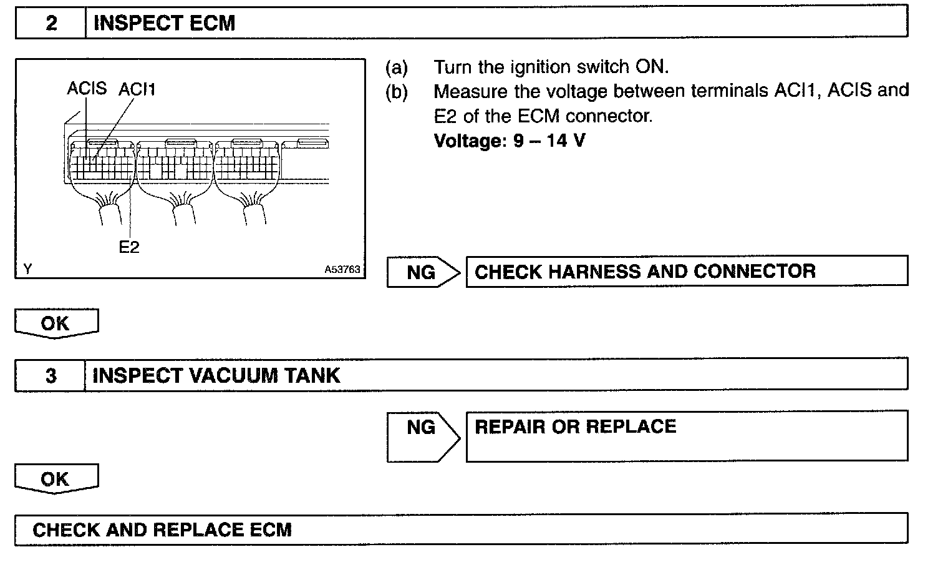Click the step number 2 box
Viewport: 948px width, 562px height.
[x=51, y=23]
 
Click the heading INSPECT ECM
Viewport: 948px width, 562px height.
[x=164, y=23]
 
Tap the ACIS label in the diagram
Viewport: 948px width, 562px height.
[x=87, y=89]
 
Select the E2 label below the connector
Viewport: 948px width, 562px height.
[x=129, y=247]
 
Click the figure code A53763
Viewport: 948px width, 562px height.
[x=342, y=270]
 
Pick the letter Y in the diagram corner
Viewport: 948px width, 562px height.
[x=27, y=269]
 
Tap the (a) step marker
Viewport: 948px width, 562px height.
[x=396, y=67]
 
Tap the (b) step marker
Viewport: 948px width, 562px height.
[x=396, y=92]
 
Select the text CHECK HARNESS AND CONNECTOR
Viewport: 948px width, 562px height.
[x=645, y=271]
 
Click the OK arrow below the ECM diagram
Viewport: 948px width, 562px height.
[x=56, y=323]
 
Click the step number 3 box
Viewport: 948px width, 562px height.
[x=51, y=375]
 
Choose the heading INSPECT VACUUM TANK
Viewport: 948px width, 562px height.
[x=216, y=375]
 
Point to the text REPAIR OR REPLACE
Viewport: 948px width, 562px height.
[x=575, y=426]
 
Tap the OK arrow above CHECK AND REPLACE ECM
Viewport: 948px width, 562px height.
[x=56, y=479]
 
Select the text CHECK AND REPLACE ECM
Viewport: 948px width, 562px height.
[x=162, y=530]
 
